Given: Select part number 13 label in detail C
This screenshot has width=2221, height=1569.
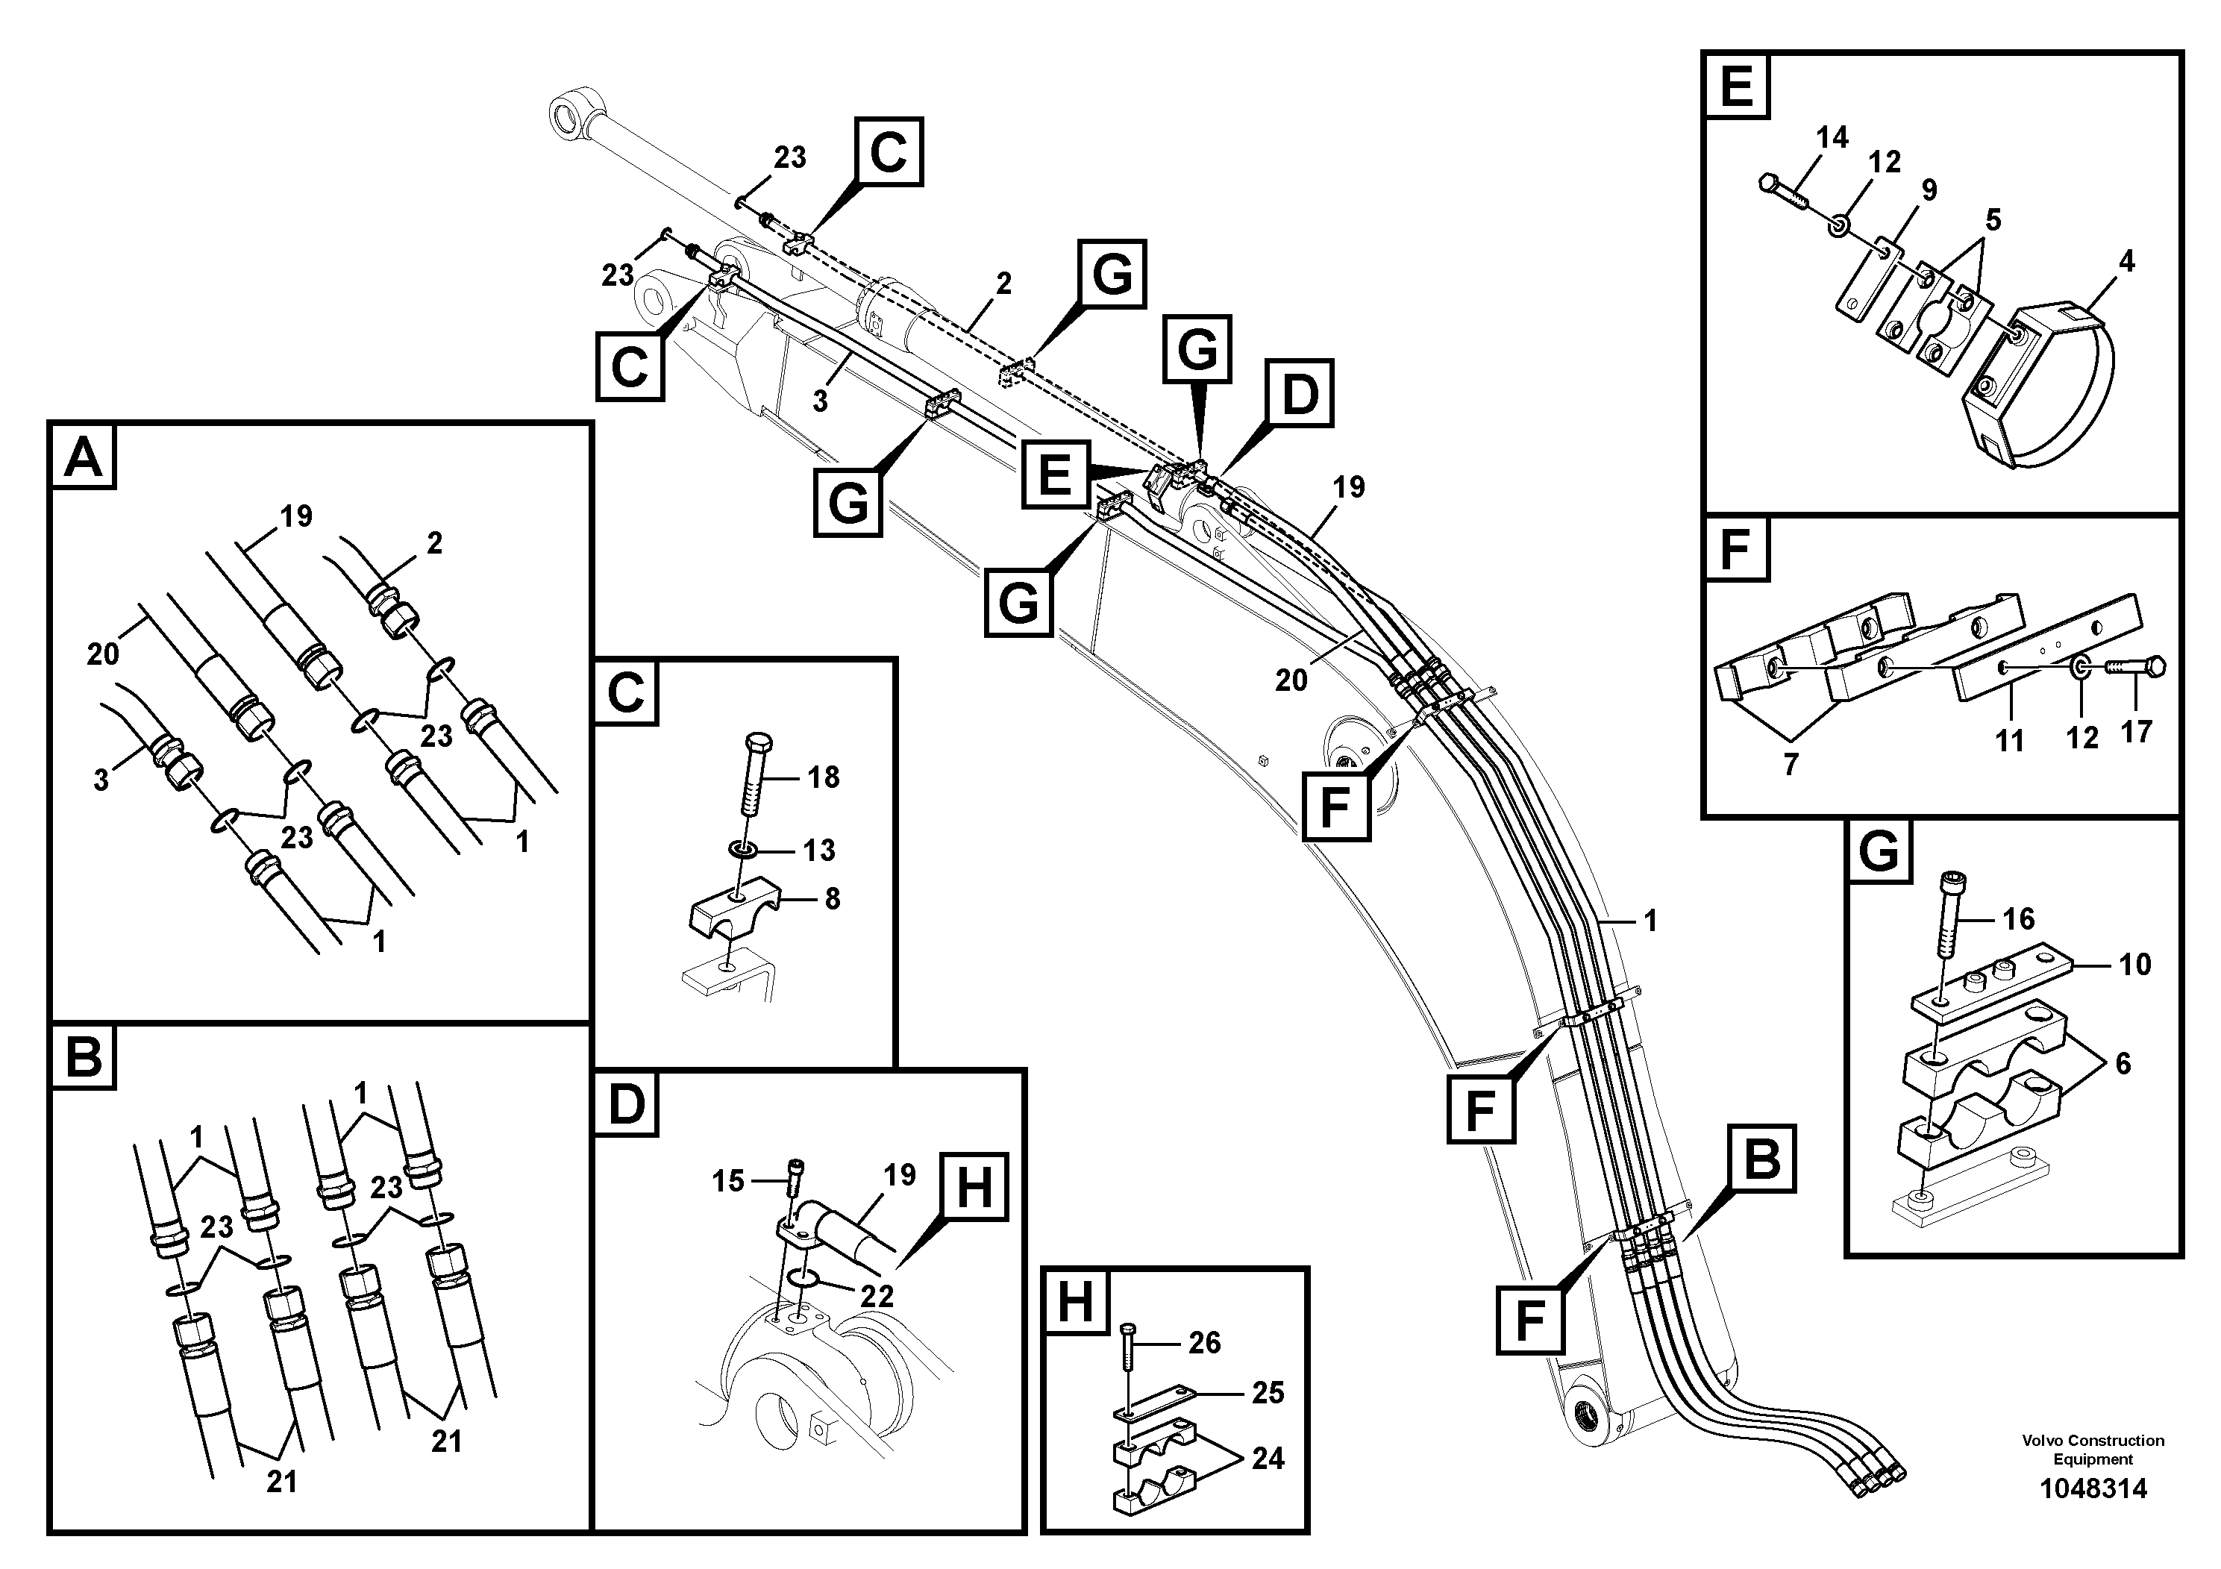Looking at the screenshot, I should coord(818,851).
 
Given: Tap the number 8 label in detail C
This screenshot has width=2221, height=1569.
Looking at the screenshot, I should coord(832,900).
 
